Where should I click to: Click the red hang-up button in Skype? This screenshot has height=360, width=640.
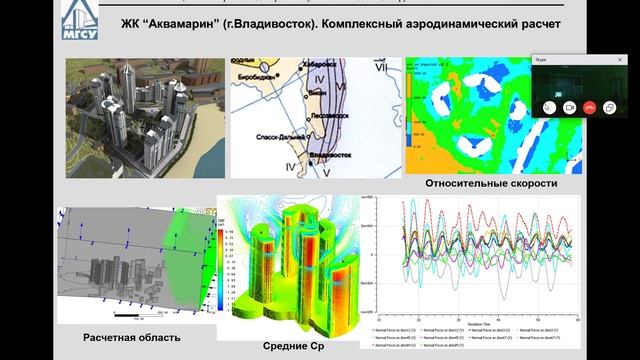[x=589, y=106]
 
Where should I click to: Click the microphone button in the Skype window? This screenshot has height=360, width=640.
[x=549, y=106]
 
